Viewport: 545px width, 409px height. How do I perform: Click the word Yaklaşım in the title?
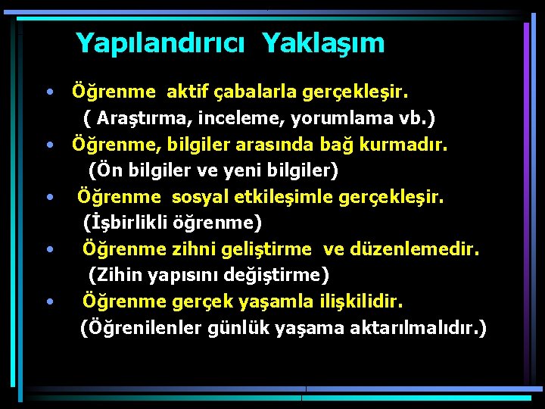324,43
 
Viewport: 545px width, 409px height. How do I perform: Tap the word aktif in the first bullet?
190,92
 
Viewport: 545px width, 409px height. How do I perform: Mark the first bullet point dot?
49,93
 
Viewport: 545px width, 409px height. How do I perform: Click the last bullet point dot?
49,301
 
